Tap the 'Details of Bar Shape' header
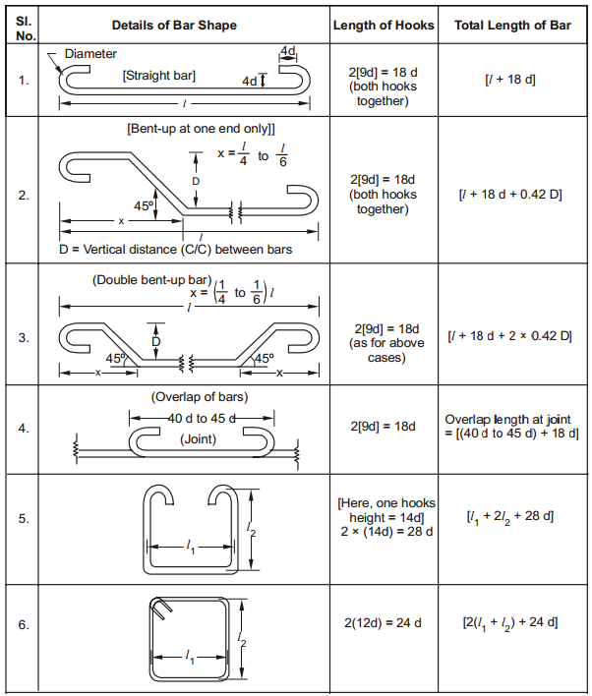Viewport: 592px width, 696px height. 186,25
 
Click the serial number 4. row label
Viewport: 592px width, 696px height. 24,428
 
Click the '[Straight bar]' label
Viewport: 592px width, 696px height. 158,75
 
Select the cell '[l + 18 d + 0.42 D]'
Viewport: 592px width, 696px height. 510,195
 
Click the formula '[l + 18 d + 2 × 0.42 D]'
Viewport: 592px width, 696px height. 510,336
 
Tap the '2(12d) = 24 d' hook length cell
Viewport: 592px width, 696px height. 384,623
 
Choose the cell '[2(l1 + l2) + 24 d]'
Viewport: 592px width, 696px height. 510,622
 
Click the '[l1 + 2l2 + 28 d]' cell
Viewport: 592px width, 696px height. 510,516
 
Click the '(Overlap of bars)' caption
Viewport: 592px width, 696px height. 200,397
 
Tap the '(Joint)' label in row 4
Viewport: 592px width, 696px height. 200,439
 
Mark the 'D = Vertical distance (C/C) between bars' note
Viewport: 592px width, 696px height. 175,249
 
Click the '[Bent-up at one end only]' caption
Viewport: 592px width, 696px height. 201,129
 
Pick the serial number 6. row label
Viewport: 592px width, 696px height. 24,624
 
